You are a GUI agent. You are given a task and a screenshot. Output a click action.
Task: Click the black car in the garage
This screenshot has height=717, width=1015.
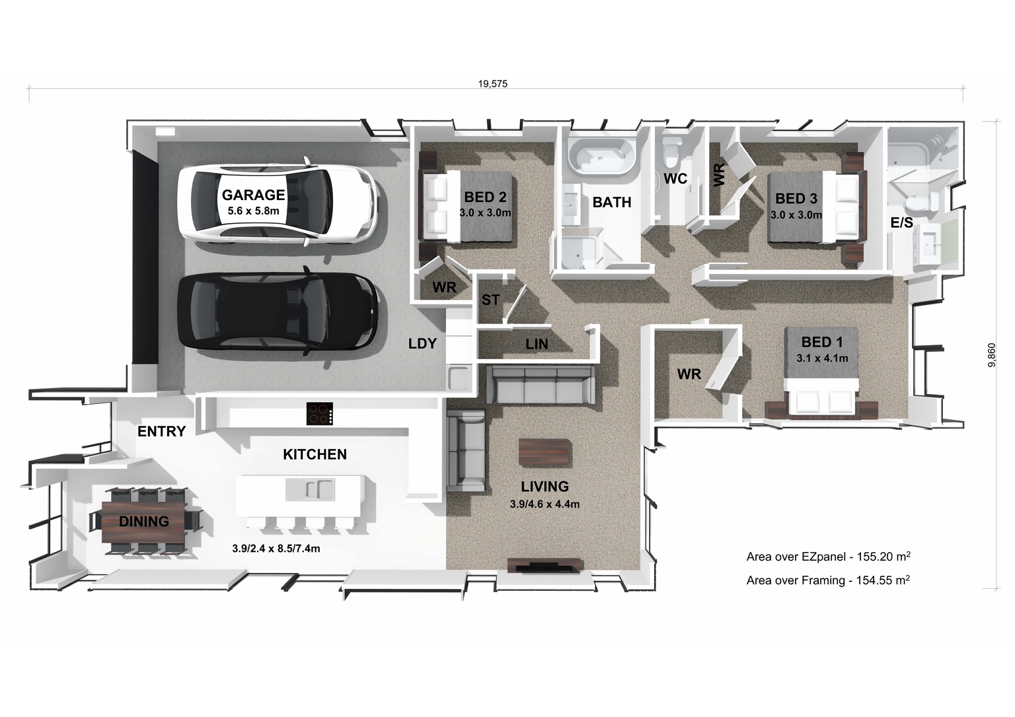click(x=278, y=310)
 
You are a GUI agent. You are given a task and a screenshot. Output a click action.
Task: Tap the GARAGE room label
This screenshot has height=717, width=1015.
click(x=253, y=195)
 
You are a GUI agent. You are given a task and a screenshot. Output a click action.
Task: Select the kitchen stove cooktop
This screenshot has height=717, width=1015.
click(x=320, y=414)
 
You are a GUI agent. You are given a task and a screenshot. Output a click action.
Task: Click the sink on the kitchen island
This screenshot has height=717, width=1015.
click(x=310, y=489)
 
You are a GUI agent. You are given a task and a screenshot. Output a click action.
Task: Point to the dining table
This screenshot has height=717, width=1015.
click(x=145, y=522)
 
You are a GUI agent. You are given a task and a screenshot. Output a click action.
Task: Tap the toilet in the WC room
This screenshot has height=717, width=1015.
click(x=673, y=151)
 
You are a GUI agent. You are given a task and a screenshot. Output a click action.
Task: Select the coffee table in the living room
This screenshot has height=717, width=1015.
click(x=543, y=454)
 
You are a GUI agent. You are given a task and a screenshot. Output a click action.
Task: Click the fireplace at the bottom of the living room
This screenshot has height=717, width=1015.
click(x=545, y=565)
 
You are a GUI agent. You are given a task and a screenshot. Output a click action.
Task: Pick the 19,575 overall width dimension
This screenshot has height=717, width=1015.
click(x=492, y=84)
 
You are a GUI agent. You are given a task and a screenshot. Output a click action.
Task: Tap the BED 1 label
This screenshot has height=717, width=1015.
click(x=821, y=342)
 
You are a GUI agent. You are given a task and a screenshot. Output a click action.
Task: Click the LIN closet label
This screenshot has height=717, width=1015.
click(x=536, y=345)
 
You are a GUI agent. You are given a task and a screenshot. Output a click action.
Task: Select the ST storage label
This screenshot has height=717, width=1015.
click(x=490, y=300)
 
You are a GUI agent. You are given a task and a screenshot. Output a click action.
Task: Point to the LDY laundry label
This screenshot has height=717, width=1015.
click(x=422, y=343)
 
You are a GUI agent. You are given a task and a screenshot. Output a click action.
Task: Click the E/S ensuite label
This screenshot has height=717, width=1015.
click(x=901, y=223)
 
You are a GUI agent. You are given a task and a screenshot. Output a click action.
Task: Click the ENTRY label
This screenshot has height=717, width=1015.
click(x=161, y=432)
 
